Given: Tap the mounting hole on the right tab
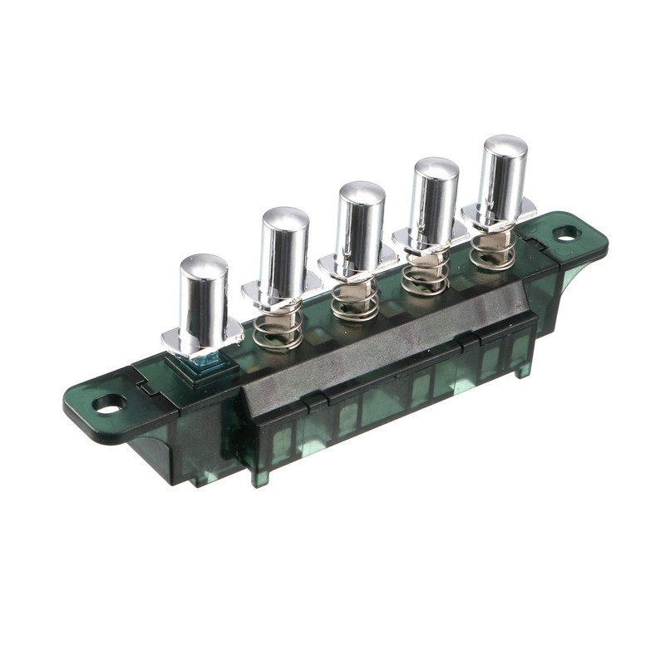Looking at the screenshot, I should (x=566, y=234).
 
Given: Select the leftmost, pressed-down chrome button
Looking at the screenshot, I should (x=204, y=295).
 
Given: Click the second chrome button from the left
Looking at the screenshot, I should (x=284, y=245).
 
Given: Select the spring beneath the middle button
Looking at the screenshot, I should (x=355, y=301).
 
